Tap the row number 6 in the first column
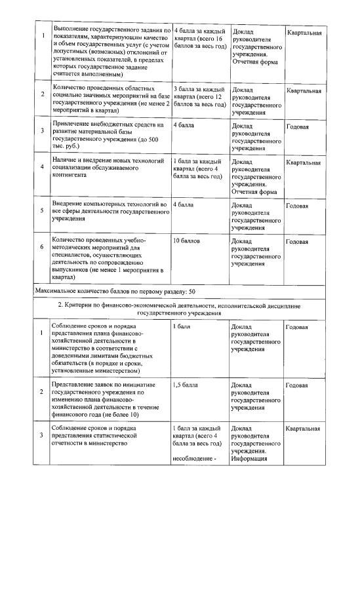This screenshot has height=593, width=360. coord(42,247)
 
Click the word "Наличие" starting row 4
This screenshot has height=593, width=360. coord(66,161)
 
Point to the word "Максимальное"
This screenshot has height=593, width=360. coord(59,290)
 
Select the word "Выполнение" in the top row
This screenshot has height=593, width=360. coord(71,31)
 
